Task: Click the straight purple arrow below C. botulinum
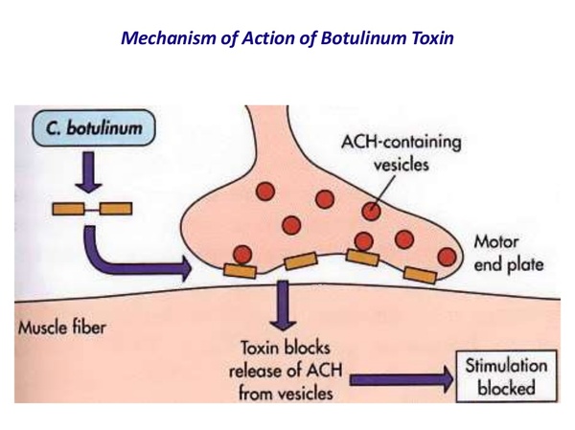click(x=88, y=172)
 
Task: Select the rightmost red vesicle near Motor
click(x=446, y=256)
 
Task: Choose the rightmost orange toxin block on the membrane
click(x=420, y=275)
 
